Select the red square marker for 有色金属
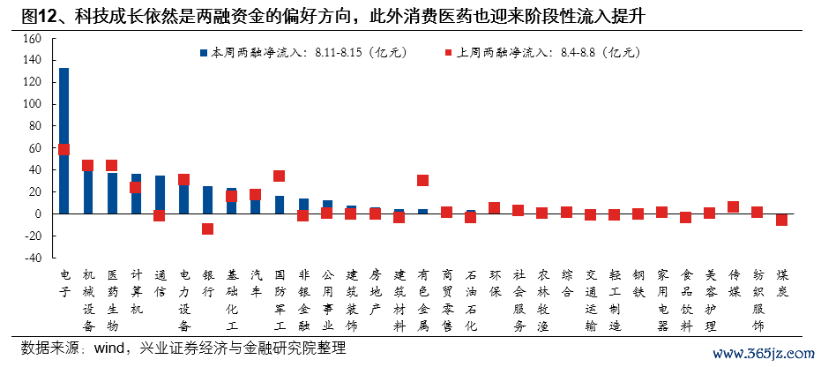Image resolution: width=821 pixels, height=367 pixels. click(x=422, y=180)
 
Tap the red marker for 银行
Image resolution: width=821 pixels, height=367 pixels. click(x=207, y=228)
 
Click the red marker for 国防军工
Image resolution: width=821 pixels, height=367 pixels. click(x=280, y=176)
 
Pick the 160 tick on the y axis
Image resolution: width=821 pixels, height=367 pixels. click(x=33, y=38)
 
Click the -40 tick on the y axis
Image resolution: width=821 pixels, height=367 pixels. click(x=33, y=258)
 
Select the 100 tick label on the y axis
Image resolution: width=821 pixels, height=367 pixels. click(x=33, y=104)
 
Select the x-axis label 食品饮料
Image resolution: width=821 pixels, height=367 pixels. click(x=686, y=300)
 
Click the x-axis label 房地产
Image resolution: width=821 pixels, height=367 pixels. click(x=375, y=293)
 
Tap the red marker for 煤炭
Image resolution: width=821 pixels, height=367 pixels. click(x=781, y=220)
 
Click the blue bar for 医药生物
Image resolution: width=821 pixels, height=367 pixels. click(x=112, y=193)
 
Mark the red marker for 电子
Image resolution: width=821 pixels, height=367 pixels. click(x=63, y=149)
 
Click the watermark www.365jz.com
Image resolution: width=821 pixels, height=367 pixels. click(x=763, y=355)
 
